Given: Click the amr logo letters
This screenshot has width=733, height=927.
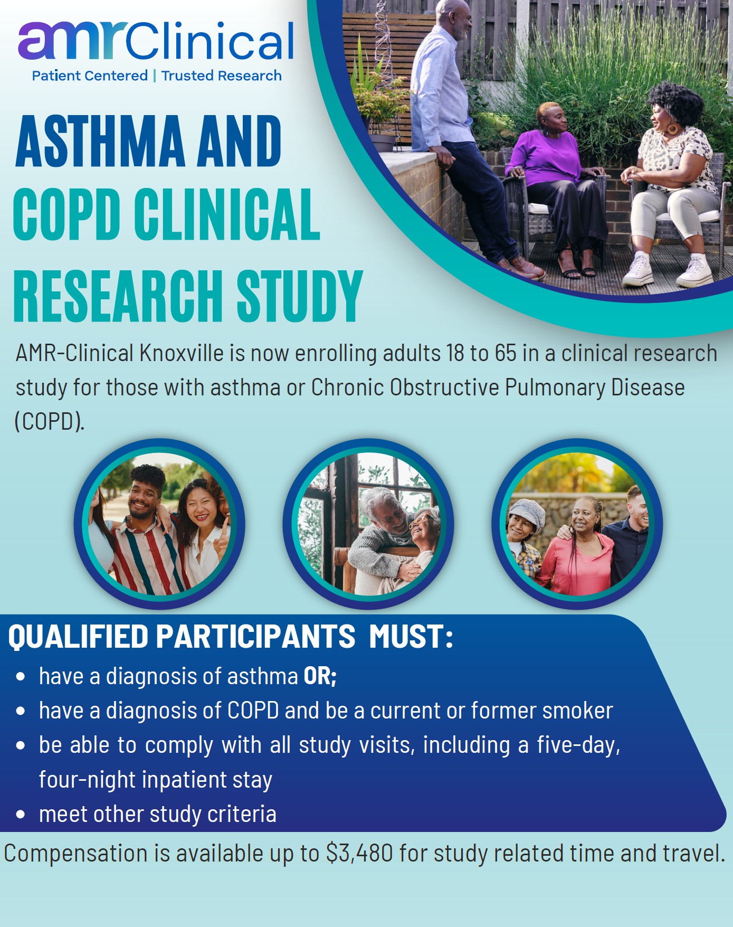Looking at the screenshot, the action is [72, 40].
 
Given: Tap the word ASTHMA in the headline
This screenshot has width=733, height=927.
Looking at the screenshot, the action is [100, 141].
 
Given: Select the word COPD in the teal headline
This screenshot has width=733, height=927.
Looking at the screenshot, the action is [66, 214].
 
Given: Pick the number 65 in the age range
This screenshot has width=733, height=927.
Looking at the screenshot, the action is [505, 353].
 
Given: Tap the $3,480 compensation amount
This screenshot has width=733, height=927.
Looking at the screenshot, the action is [359, 853].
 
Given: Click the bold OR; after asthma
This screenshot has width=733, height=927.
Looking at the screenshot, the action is [320, 676].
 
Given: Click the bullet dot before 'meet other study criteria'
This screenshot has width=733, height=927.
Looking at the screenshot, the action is [21, 815].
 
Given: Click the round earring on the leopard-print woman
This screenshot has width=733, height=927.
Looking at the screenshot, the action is [673, 128].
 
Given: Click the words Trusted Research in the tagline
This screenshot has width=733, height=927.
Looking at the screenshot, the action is [222, 76].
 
